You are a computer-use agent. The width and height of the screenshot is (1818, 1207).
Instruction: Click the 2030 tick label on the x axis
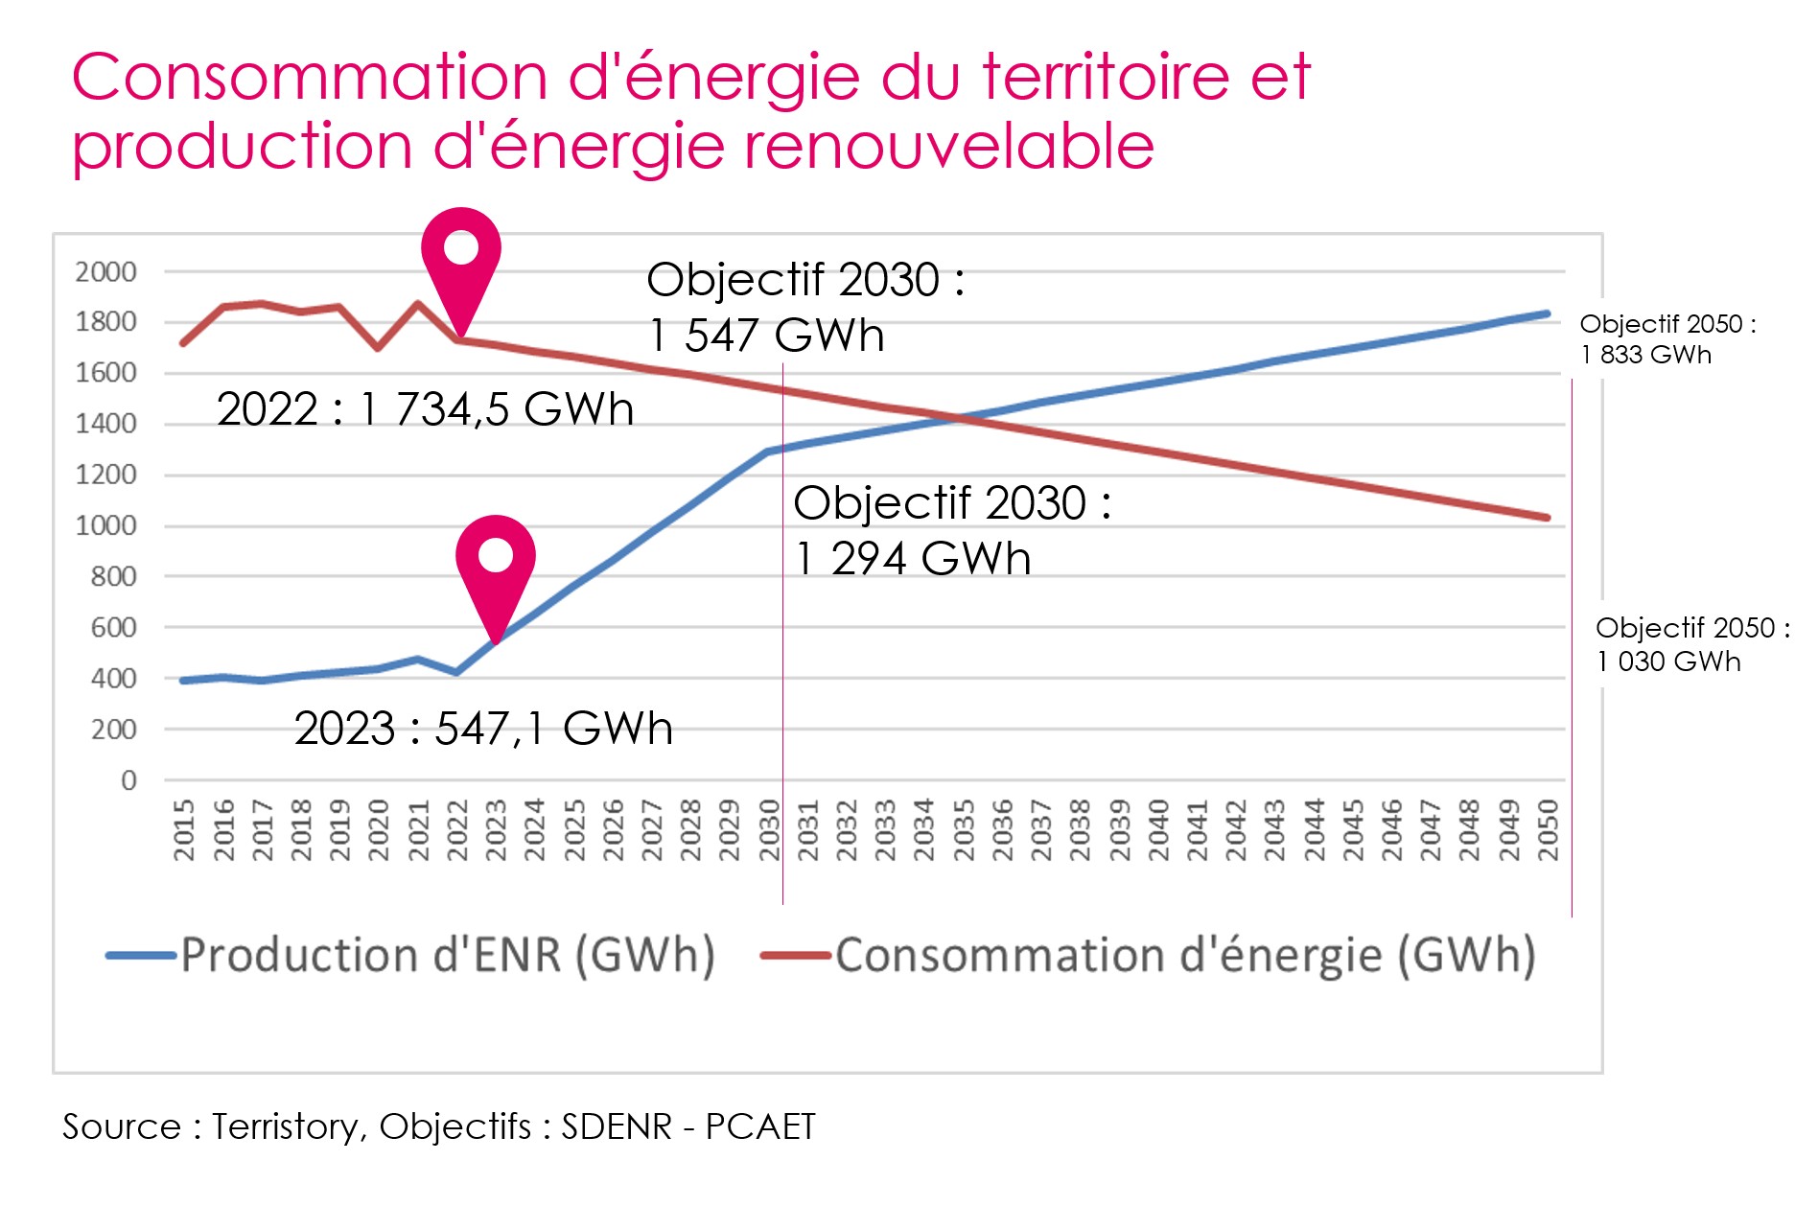[769, 830]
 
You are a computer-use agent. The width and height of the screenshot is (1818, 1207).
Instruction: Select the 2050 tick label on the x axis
[1548, 830]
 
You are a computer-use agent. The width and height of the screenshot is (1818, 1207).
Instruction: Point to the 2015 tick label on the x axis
[184, 830]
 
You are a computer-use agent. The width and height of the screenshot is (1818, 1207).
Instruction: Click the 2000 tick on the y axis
[105, 272]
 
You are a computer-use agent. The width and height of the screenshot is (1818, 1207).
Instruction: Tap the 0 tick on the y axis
[128, 780]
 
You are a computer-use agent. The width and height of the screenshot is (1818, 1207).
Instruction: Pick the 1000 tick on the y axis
[105, 526]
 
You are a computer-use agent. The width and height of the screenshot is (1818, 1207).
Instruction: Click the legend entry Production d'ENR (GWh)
[412, 956]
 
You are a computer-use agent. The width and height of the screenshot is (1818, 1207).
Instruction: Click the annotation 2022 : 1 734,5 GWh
[425, 409]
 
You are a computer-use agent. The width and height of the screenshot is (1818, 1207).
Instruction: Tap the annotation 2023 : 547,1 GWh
[483, 729]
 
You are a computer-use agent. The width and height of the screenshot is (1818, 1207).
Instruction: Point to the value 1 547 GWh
[766, 336]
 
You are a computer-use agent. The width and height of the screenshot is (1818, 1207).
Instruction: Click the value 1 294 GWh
[913, 559]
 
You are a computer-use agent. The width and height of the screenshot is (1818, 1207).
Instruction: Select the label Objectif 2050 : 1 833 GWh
[1666, 339]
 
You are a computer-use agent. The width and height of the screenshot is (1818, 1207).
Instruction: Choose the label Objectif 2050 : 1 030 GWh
[1691, 644]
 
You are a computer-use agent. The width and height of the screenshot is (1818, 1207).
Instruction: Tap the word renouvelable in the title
[948, 147]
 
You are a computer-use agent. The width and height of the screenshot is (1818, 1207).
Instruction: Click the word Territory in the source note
[284, 1126]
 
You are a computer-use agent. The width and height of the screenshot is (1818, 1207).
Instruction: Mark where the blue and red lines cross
[962, 417]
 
